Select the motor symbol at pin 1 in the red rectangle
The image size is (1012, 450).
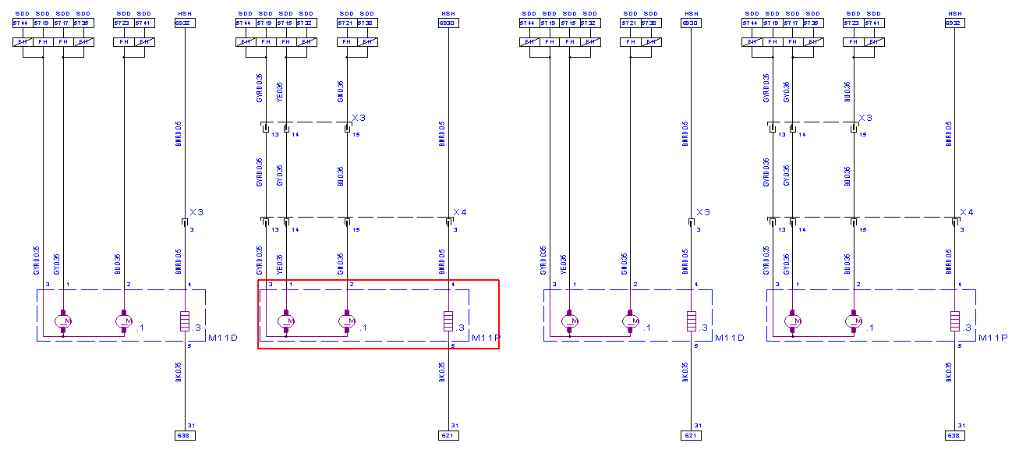tap(286, 320)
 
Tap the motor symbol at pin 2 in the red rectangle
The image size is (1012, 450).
tap(346, 320)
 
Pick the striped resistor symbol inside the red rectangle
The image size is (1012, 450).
tap(448, 321)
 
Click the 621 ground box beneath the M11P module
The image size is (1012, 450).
tap(448, 434)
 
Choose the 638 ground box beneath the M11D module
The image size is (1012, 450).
tap(185, 434)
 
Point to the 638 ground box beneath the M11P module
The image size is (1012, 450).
tap(955, 434)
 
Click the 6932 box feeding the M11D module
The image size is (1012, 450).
tap(185, 23)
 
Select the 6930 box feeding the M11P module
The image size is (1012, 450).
tap(448, 23)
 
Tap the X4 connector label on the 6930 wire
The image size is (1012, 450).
tap(460, 212)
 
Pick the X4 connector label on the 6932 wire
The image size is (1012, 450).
tap(967, 212)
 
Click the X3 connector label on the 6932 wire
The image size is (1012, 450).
tap(196, 212)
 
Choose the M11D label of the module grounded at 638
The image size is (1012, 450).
tap(222, 338)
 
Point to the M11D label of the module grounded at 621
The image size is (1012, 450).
tap(729, 338)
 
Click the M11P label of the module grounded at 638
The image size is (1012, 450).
tap(993, 338)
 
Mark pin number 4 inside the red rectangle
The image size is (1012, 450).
tap(453, 285)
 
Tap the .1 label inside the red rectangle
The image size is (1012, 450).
tap(363, 328)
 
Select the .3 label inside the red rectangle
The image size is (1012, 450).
tap(462, 328)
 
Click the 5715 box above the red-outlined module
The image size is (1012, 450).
tap(286, 23)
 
